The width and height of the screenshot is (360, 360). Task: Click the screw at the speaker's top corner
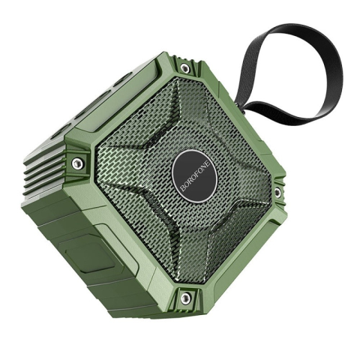click(184, 67)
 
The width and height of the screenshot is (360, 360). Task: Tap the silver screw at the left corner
click(77, 163)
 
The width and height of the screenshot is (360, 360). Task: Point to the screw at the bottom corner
click(185, 298)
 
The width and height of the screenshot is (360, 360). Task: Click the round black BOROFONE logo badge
click(194, 176)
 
